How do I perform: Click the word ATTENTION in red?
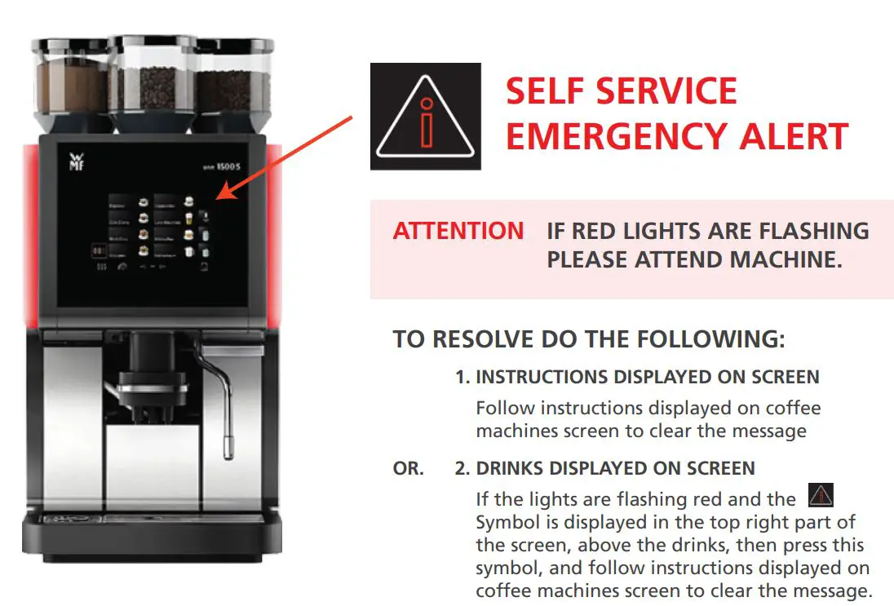pyautogui.click(x=458, y=232)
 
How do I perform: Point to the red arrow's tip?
pyautogui.click(x=219, y=198)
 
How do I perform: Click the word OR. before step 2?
pyautogui.click(x=408, y=469)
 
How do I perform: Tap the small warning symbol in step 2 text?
pyautogui.click(x=820, y=495)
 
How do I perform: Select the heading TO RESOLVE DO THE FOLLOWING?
pyautogui.click(x=589, y=339)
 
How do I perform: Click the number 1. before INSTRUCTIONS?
pyautogui.click(x=462, y=377)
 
